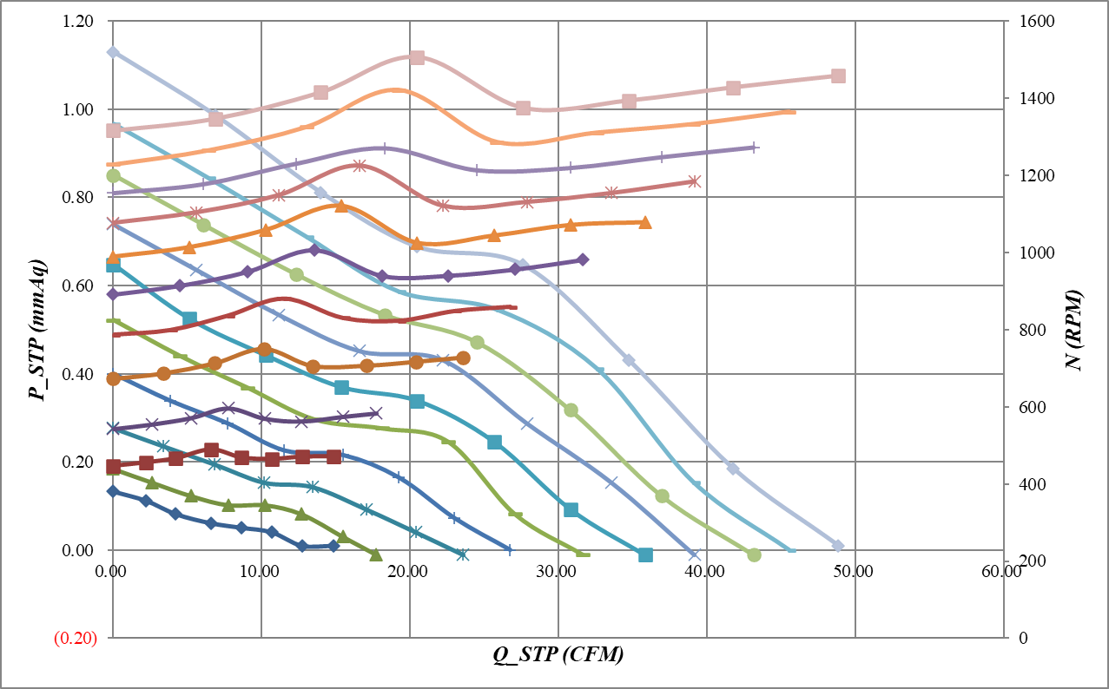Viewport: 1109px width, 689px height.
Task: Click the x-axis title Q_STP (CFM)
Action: [558, 655]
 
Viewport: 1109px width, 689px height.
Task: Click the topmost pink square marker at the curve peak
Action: [417, 57]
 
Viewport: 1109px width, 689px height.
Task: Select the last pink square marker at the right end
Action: [838, 76]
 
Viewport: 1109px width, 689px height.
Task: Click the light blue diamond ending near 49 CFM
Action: [838, 546]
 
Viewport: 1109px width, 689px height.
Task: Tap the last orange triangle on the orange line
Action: [644, 223]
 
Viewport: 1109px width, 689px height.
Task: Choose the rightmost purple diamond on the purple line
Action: [583, 259]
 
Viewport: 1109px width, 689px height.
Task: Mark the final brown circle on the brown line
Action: [463, 358]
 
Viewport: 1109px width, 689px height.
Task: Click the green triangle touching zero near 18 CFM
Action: [375, 554]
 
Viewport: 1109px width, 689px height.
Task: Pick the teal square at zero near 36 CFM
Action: [644, 554]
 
